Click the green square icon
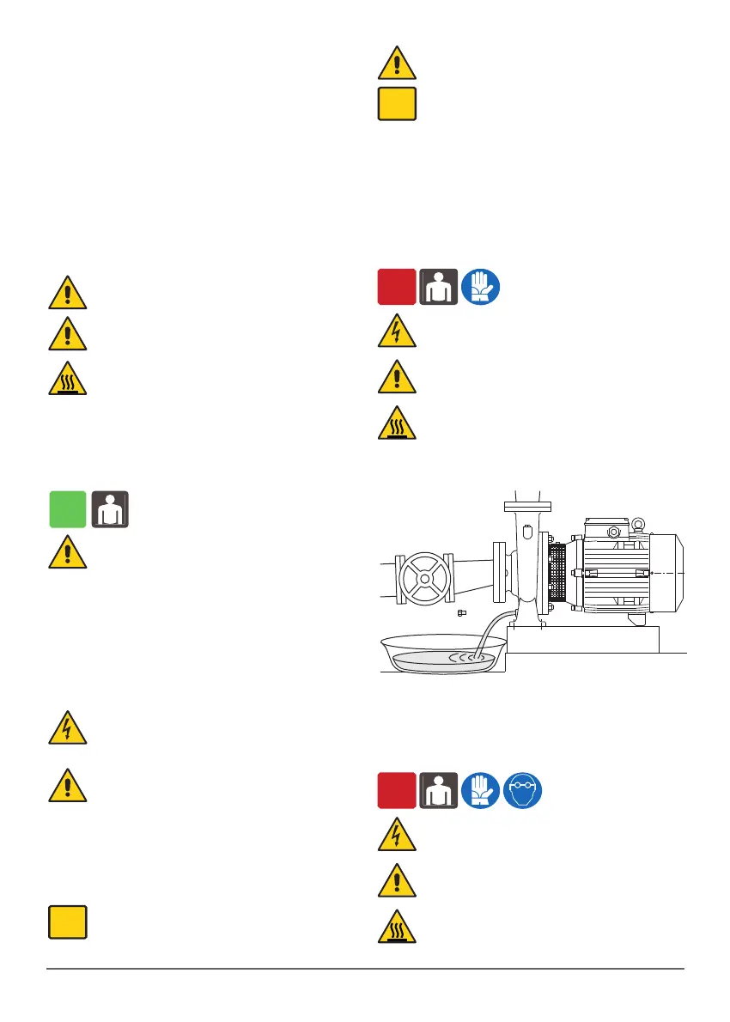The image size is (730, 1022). (x=67, y=509)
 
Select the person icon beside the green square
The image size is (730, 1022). (x=110, y=509)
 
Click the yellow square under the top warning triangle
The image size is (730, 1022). (x=397, y=102)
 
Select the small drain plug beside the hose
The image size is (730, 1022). (x=462, y=612)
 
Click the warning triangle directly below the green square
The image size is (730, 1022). (x=67, y=552)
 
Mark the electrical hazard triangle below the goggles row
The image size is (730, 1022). (x=397, y=836)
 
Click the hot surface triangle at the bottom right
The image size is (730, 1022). (x=397, y=927)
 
